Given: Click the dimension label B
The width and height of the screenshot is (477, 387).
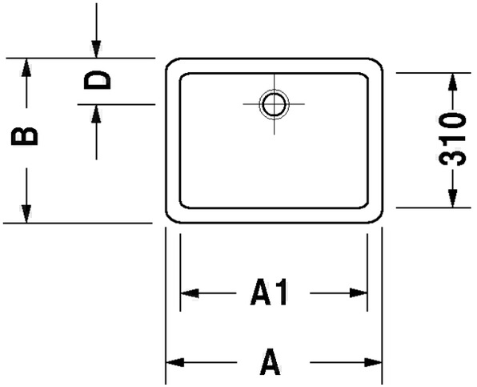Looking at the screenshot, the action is click(x=25, y=136).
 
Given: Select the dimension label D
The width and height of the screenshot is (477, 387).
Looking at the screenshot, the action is click(x=98, y=80).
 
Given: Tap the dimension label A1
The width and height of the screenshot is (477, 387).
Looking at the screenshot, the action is click(x=269, y=292).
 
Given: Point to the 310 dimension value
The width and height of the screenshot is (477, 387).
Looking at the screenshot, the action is click(x=453, y=139).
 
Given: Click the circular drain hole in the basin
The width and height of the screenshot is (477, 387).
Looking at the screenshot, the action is click(x=274, y=104).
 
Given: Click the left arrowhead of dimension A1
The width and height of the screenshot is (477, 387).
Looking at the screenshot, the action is click(x=190, y=293).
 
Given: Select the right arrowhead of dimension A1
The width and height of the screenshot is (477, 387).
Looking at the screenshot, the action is click(x=359, y=293).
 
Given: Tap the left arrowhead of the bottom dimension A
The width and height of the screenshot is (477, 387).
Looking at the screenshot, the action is click(x=175, y=362).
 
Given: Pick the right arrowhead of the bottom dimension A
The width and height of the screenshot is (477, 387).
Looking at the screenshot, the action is click(x=373, y=362).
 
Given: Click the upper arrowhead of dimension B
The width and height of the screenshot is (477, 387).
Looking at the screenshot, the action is click(x=26, y=67).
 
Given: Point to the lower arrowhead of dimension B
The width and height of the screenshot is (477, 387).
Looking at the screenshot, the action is click(x=26, y=214).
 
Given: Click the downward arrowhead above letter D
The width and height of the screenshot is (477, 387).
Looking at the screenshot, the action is click(x=96, y=49).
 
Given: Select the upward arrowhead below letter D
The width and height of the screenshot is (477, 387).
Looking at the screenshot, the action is click(x=96, y=114).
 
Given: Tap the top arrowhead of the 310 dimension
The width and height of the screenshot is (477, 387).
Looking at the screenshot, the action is click(x=453, y=83).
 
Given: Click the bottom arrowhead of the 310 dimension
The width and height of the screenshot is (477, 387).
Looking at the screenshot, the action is click(x=453, y=198).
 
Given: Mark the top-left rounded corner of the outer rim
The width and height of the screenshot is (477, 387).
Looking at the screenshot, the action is click(x=170, y=62).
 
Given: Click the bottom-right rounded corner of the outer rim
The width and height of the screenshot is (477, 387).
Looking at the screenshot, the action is click(x=379, y=219).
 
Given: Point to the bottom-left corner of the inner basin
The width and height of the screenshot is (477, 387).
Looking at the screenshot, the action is click(x=182, y=206).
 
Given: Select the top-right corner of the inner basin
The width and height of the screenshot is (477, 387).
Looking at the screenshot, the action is click(x=366, y=76).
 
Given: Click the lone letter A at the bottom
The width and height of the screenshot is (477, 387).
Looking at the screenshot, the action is click(x=270, y=361).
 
